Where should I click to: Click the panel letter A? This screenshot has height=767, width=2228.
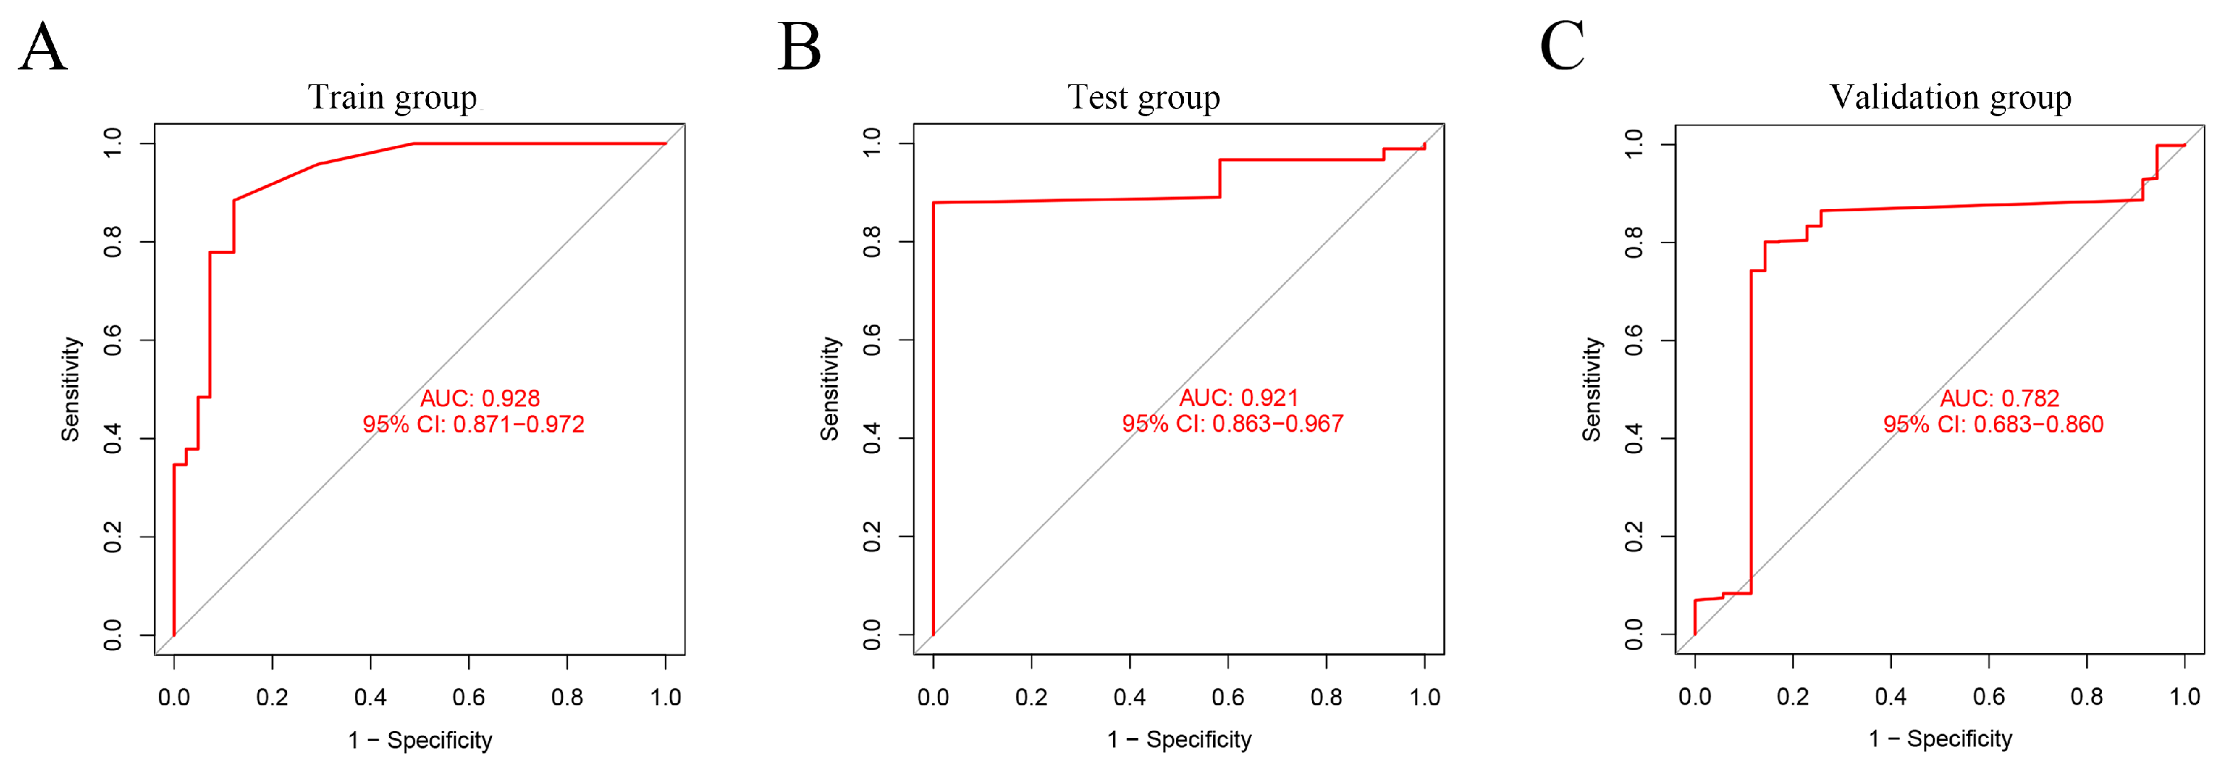tap(43, 47)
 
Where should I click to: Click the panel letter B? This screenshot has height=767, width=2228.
tap(798, 47)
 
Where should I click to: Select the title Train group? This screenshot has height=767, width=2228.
tap(393, 98)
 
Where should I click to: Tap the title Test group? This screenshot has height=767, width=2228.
tap(1143, 98)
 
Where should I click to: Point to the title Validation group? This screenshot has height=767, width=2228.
tap(1950, 98)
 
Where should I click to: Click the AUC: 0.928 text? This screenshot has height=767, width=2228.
tap(480, 398)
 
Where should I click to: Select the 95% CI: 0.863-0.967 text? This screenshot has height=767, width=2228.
tap(1233, 424)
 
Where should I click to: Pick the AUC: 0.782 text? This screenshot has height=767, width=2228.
tap(2000, 398)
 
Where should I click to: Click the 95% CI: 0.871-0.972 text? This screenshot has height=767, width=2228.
tap(473, 425)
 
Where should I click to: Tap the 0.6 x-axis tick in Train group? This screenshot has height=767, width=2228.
tap(469, 697)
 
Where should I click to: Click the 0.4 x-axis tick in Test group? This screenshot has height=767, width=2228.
tap(1129, 697)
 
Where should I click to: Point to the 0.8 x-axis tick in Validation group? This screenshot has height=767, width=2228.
tap(2086, 697)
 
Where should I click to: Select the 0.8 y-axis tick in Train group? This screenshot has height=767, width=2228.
tap(113, 242)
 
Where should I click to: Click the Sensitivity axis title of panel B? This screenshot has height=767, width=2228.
tap(829, 389)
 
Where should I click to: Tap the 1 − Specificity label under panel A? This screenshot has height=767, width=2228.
tap(420, 740)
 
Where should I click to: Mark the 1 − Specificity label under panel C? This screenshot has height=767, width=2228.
tap(1940, 739)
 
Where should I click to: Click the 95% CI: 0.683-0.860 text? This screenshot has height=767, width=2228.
tap(1993, 425)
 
